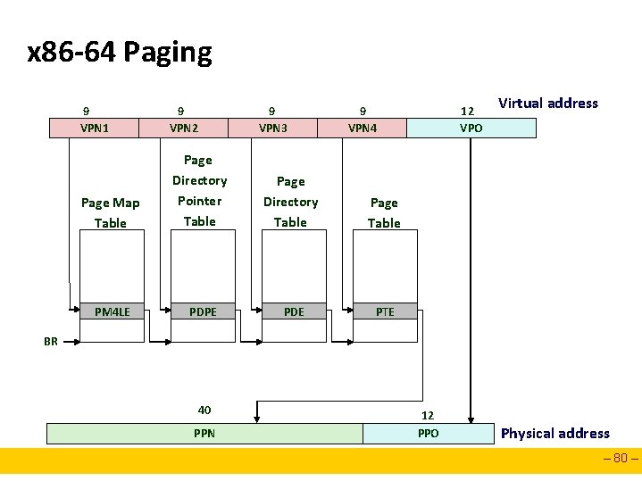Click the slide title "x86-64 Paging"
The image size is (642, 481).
click(120, 53)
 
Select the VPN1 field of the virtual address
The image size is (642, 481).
click(94, 128)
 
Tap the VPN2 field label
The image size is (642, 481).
click(184, 128)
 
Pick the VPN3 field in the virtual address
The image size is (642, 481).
click(273, 128)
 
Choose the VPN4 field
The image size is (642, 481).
click(363, 128)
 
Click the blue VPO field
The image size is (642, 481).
click(471, 128)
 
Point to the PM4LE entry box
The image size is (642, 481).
click(113, 311)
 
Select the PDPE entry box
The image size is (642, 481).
click(201, 311)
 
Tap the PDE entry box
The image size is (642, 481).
click(293, 311)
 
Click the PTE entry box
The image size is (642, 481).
click(385, 311)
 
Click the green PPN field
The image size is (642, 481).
click(204, 434)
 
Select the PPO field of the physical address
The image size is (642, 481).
click(428, 434)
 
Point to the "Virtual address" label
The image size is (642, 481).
click(547, 103)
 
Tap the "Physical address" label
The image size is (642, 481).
click(554, 434)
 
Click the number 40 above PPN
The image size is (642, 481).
click(204, 410)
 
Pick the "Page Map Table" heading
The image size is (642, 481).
click(111, 212)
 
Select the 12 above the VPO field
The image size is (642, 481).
click(466, 112)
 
